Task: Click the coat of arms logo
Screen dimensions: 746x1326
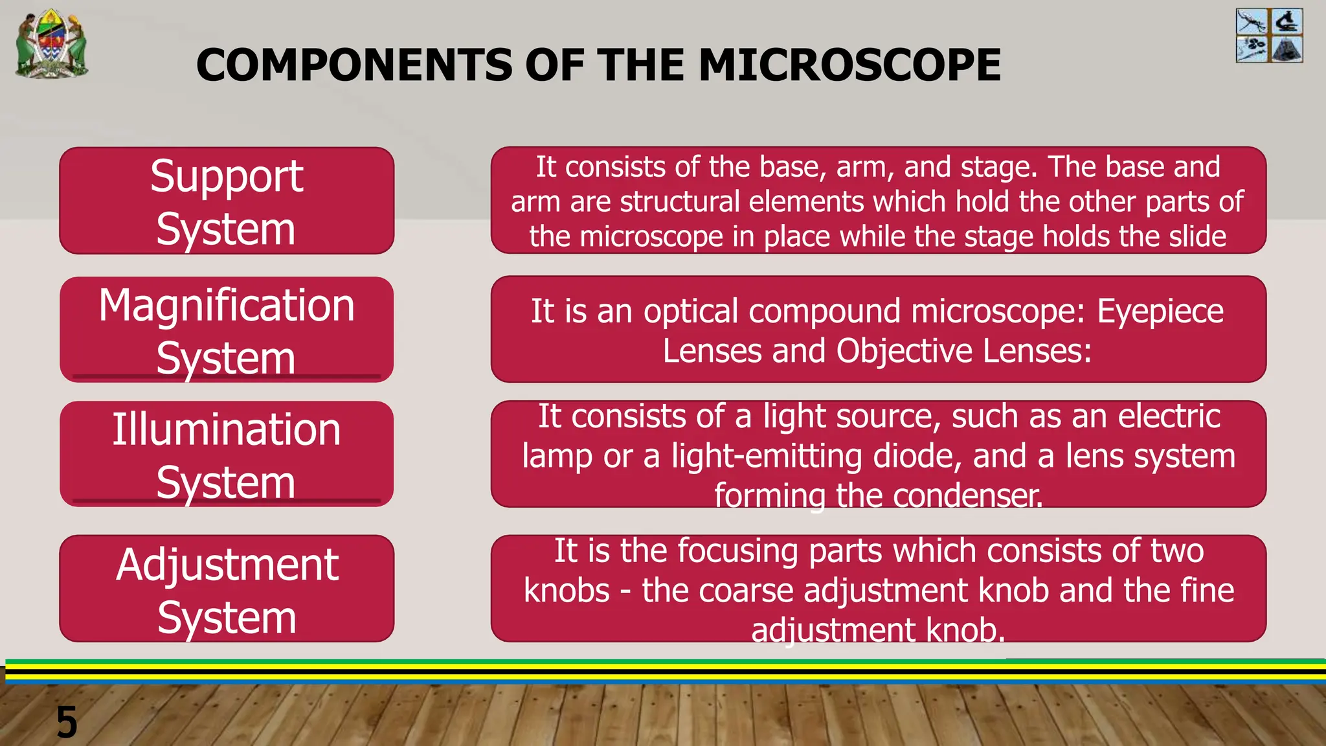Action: pos(52,44)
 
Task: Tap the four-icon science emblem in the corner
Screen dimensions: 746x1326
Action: pos(1269,36)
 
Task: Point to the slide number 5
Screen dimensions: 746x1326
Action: pos(67,721)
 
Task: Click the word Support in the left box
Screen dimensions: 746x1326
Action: pos(227,176)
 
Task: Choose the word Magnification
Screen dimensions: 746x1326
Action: pos(227,306)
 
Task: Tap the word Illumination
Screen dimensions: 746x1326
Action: pos(227,430)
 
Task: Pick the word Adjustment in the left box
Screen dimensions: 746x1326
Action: pos(227,565)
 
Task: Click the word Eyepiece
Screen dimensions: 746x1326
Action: pos(1160,312)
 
